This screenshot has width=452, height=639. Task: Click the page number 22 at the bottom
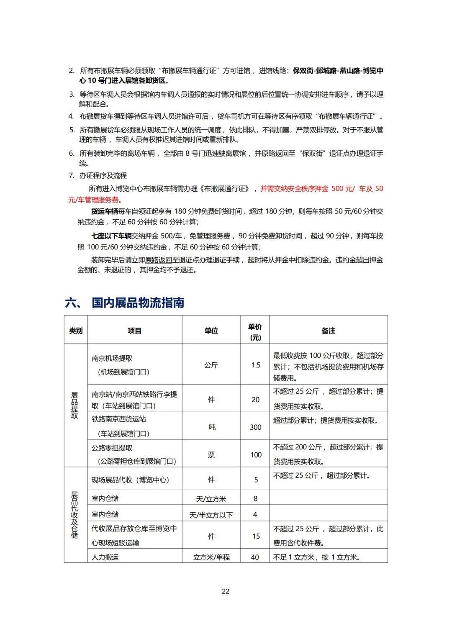(x=226, y=591)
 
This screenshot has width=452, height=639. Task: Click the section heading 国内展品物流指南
(x=138, y=303)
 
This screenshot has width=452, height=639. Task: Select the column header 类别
(x=76, y=331)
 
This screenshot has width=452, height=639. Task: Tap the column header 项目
(x=134, y=331)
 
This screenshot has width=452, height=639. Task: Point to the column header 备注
(x=328, y=331)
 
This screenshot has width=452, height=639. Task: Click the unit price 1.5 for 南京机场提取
(x=256, y=365)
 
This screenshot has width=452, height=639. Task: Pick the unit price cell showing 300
(x=255, y=427)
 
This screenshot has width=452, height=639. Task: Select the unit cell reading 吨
(x=212, y=427)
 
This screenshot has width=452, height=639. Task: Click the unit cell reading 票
(x=211, y=454)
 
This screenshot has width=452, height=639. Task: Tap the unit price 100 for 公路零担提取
(x=256, y=454)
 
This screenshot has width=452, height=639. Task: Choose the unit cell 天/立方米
(x=211, y=499)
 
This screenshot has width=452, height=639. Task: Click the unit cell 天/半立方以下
(x=211, y=515)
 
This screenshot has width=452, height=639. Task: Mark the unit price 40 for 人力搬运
(x=255, y=557)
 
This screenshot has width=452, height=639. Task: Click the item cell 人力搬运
(x=105, y=557)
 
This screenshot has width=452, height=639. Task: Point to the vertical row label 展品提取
(x=74, y=405)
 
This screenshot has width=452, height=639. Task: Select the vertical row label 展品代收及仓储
(x=74, y=515)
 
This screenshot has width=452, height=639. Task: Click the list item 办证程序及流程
(x=103, y=175)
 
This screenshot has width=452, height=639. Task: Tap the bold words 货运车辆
(x=105, y=211)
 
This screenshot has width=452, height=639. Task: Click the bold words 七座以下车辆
(x=111, y=236)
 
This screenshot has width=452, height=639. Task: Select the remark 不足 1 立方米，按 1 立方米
(x=317, y=557)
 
